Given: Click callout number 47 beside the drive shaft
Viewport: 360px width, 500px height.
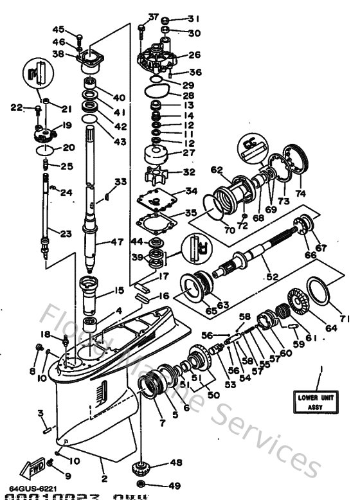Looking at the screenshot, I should coord(117,242).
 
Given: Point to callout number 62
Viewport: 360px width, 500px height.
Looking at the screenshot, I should coord(217,170).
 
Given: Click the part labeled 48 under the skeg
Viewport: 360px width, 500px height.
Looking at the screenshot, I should coord(139,467).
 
